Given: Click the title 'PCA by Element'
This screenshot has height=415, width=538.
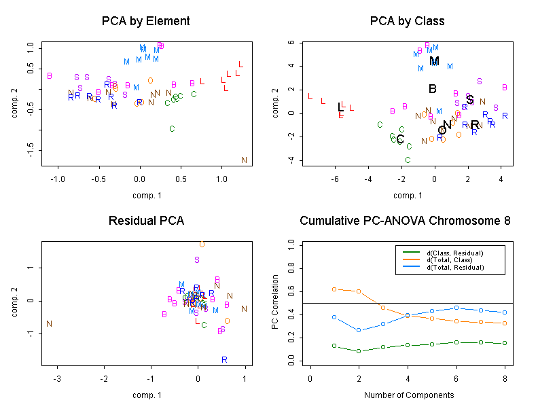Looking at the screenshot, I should point(145,21).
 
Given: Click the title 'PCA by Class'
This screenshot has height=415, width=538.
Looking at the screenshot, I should point(407,21).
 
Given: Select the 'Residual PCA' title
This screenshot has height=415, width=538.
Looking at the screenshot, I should point(146,221).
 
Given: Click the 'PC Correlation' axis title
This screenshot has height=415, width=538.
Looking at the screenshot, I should point(275,302).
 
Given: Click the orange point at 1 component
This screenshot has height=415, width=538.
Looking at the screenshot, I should point(334,289).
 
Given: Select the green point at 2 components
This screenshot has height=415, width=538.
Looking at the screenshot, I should point(359,351).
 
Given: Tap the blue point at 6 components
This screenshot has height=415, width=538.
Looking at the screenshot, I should point(456,308).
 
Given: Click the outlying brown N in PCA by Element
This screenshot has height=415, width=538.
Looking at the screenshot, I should point(244,160).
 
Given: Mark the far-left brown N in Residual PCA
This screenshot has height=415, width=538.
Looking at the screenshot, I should point(49,324).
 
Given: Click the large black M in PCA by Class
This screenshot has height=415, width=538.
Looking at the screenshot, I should point(435,61).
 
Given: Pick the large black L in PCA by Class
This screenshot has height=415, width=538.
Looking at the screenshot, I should point(341,107).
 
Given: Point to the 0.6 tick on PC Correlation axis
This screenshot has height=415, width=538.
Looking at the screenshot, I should point(291,291).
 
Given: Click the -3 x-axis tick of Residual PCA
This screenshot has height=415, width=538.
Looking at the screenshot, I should point(58,379).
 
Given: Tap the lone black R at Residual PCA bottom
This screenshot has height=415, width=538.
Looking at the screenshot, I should point(223,359).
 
